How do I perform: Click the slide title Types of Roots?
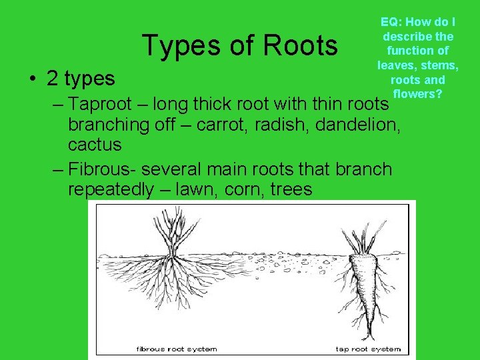(239, 45)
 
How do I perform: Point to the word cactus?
(95, 145)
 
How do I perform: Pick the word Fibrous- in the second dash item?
(104, 169)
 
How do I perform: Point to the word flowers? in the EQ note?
(417, 93)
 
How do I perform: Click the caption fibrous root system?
(177, 349)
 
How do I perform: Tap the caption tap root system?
(368, 349)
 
